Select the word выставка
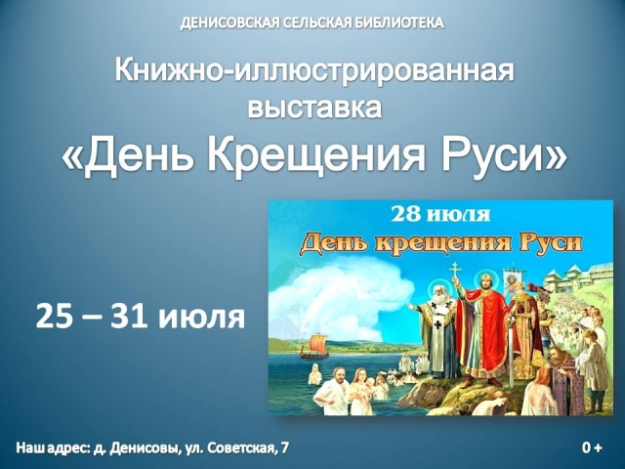314,107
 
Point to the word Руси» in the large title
503,154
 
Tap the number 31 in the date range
127,317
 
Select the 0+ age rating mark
592,448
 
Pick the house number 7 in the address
284,448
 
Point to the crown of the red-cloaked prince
486,277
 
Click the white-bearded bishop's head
438,294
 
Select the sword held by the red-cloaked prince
511,351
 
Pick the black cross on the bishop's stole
438,324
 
